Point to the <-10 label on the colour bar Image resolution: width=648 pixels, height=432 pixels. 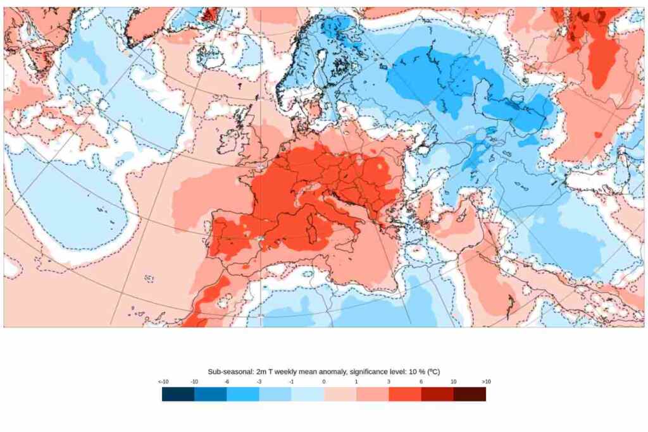click(x=163, y=381)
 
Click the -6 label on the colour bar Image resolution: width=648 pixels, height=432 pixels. click(x=227, y=381)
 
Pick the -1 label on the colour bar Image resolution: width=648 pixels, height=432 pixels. click(x=291, y=381)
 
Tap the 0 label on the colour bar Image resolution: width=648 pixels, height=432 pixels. click(x=323, y=381)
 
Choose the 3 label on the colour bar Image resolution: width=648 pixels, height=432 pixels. click(x=389, y=381)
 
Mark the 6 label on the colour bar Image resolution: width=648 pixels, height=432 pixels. click(x=421, y=381)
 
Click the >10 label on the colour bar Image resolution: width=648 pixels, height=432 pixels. click(x=485, y=381)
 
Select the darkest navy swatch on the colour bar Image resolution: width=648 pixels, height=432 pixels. click(x=178, y=394)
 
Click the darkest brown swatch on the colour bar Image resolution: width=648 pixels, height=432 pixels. click(x=470, y=394)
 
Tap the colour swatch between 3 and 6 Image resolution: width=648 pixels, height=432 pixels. click(x=404, y=394)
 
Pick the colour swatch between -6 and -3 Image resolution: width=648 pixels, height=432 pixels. click(x=242, y=394)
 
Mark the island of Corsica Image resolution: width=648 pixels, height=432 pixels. click(x=315, y=211)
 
